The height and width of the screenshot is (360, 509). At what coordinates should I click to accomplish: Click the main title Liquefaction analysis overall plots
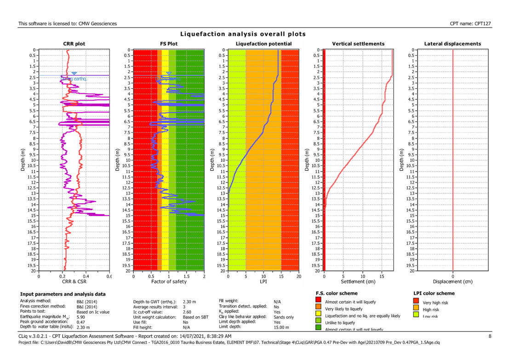(243, 34)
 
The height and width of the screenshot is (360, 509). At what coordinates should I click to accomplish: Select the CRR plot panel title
(74, 44)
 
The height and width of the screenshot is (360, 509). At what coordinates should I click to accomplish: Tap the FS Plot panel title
(169, 44)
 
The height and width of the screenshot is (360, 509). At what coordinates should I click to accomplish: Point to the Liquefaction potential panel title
(263, 44)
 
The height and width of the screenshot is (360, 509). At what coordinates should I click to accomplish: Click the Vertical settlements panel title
(358, 44)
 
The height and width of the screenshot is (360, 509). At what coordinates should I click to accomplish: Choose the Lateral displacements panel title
(453, 44)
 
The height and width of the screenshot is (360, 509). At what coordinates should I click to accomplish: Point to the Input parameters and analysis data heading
(63, 294)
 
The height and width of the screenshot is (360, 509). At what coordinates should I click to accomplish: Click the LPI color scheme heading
(434, 293)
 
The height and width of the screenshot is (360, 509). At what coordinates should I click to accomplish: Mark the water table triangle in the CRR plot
(74, 74)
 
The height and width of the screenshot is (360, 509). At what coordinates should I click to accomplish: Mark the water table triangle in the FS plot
(169, 74)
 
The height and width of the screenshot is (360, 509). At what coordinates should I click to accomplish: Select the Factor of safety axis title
(169, 281)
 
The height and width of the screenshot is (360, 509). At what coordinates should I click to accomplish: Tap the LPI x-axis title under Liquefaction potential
(263, 281)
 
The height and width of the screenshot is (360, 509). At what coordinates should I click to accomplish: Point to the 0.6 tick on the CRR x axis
(109, 276)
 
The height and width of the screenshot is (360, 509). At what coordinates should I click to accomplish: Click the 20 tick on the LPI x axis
(299, 276)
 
